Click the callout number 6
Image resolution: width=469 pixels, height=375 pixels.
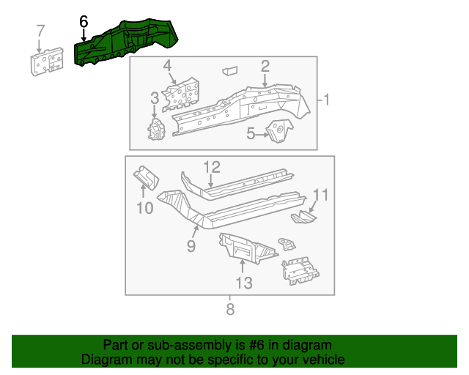pos(84,23)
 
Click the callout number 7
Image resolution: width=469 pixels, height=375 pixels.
pos(40,31)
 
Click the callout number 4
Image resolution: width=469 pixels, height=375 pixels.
pos(168,66)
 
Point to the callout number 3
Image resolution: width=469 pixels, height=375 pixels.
pos(155,98)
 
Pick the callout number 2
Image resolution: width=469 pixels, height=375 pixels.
pos(265,66)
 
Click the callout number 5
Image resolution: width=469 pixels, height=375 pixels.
pos(251,134)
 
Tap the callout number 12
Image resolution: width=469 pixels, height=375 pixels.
pos(211,166)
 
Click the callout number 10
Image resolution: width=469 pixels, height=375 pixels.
pos(144,208)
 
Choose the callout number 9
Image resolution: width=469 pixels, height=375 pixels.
pos(191,246)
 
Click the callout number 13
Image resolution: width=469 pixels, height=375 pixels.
pos(243,282)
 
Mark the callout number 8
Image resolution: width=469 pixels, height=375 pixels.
pos(230,309)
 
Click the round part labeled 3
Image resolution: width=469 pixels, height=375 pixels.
pos(156,130)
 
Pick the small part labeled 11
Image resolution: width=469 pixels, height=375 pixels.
pos(303,217)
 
